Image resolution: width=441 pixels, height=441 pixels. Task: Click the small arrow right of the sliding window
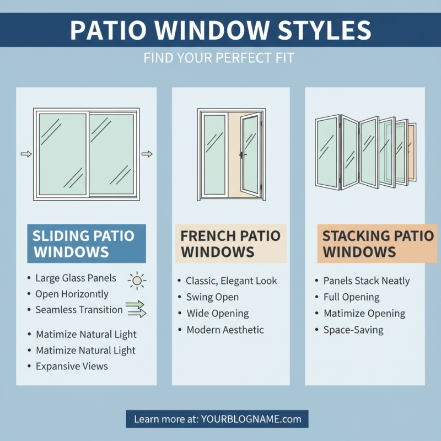[147, 154]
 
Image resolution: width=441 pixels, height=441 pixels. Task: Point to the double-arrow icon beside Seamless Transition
[136, 309]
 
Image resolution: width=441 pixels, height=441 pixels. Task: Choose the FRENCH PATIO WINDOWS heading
[230, 244]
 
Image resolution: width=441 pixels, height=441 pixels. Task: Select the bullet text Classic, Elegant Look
[232, 281]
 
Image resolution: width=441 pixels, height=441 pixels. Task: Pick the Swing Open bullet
[212, 297]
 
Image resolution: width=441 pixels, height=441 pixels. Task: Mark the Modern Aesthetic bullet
[225, 330]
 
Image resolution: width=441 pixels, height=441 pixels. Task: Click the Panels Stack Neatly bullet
[367, 281]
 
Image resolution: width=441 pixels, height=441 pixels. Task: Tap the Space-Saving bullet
[353, 330]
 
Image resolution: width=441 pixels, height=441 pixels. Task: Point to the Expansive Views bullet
[72, 366]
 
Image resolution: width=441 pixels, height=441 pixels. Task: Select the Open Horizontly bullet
[72, 294]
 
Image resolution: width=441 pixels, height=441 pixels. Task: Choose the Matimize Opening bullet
[364, 314]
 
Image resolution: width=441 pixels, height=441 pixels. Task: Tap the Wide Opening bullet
[217, 314]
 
